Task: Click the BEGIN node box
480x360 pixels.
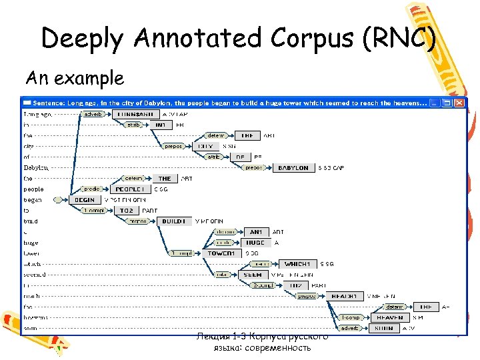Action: point(85,200)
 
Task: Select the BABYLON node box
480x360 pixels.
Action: point(293,168)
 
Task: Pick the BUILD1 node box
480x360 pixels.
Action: point(174,221)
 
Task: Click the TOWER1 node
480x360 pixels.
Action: point(221,253)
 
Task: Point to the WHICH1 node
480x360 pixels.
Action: point(297,264)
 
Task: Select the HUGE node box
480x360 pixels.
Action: point(255,243)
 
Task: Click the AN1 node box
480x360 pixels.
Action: point(255,232)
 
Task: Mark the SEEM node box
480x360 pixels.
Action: point(253,275)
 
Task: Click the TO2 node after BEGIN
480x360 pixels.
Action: point(127,211)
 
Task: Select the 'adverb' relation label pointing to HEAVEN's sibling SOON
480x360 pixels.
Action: point(349,328)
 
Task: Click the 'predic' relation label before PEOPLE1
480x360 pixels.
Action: point(91,189)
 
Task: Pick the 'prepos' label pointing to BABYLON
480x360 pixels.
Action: point(253,168)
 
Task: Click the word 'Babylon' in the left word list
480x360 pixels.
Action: point(37,168)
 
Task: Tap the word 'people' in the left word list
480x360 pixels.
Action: point(33,189)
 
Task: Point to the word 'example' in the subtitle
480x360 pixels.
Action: point(91,78)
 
